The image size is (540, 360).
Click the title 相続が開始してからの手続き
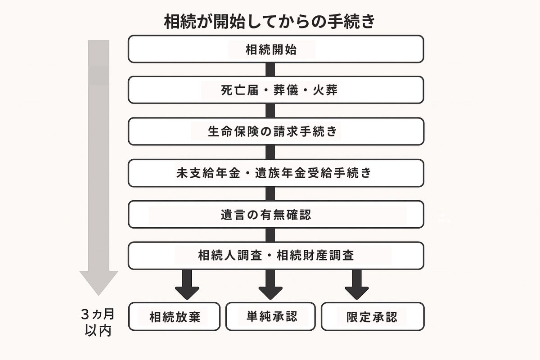[269, 22]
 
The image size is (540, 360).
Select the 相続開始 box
[276, 49]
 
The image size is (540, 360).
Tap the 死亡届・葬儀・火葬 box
[276, 90]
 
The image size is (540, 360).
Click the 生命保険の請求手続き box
[276, 131]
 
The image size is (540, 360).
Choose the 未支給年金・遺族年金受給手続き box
[276, 173]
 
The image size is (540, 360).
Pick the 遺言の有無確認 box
[276, 215]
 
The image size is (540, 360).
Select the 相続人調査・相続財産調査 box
[276, 256]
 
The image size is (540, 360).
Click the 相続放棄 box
[175, 316]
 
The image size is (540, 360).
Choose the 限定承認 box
[372, 316]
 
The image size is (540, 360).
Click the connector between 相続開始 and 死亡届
[270, 69]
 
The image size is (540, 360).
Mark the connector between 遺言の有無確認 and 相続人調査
[270, 235]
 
